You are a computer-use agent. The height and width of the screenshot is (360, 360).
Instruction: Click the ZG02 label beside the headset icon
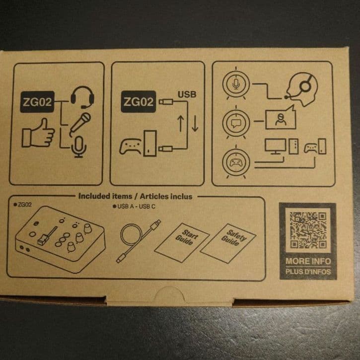coord(37,102)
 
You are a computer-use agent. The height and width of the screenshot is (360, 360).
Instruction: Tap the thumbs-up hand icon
coord(38,133)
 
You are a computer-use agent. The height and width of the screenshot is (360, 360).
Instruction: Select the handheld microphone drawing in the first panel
coord(80,124)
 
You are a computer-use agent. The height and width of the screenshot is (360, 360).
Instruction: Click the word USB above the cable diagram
coord(187,94)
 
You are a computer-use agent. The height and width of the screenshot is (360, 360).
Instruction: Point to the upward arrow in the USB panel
coord(181,124)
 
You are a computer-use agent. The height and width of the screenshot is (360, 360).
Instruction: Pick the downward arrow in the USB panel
coord(195,124)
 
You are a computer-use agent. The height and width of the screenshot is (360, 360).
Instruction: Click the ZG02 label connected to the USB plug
coord(139,102)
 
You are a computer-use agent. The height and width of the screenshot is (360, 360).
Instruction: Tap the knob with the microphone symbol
coord(236,83)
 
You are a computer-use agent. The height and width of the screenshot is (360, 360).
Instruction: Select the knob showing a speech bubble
coord(236,123)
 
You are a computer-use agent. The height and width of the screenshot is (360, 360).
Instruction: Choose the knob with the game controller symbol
coord(236,162)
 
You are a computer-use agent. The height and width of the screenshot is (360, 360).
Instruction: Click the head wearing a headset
coord(302,89)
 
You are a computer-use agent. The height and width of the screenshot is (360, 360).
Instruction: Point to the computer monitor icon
coord(275,146)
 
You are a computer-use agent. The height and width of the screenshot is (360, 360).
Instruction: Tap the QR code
coord(308,230)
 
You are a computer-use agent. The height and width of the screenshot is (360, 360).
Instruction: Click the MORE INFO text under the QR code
coord(308,261)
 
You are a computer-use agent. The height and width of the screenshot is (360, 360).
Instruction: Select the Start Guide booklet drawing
coord(182,242)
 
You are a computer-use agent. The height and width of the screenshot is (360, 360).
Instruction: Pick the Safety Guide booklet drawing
coord(228,243)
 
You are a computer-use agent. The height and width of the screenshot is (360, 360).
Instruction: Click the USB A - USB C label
coord(136,207)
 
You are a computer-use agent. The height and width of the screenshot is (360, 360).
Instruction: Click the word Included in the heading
coord(94,196)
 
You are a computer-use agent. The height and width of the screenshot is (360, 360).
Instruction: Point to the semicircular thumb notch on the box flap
coord(170,294)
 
